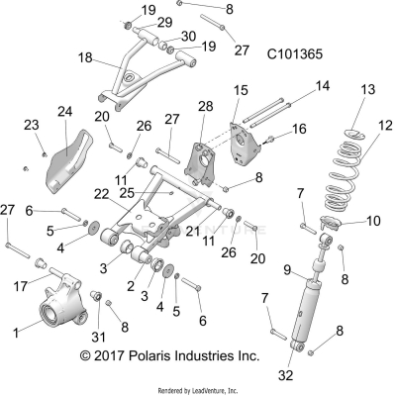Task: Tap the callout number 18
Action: click(x=87, y=59)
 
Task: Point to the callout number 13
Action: click(x=367, y=90)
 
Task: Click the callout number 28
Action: click(x=205, y=106)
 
